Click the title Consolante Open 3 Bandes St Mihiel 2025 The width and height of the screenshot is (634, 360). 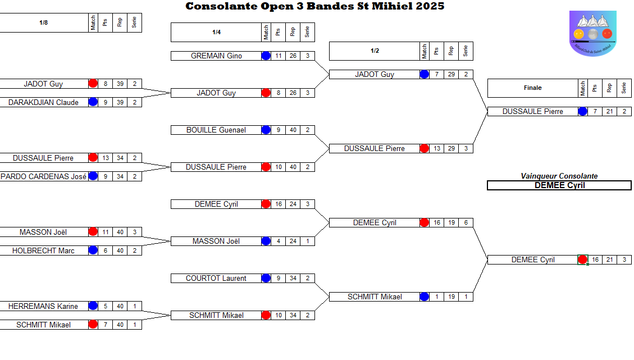point(314,6)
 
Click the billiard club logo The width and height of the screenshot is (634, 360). point(592,33)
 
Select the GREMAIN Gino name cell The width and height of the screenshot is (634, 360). point(216,56)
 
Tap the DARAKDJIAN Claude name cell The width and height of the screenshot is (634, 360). point(44,103)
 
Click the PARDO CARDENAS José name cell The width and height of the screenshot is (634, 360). point(44,177)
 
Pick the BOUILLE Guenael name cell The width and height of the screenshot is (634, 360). point(216,130)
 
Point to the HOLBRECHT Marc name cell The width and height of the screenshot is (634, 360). point(44,251)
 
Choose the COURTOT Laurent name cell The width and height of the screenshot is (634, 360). point(216,279)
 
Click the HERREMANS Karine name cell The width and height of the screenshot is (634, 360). point(44,307)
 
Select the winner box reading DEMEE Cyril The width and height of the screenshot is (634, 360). point(559,185)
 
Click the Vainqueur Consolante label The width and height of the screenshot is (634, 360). point(559,176)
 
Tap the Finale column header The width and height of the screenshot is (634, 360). point(533,88)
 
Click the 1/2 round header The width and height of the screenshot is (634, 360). point(375,51)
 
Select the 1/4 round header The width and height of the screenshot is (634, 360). point(216,33)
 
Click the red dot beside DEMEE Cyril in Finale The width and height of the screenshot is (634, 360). point(583,260)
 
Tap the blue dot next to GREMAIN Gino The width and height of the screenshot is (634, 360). point(266,56)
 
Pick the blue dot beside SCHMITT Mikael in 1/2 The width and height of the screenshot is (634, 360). point(425,297)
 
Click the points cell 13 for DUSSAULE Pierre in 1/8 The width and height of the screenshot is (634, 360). point(106,158)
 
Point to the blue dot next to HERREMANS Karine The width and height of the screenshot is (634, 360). point(93,307)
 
